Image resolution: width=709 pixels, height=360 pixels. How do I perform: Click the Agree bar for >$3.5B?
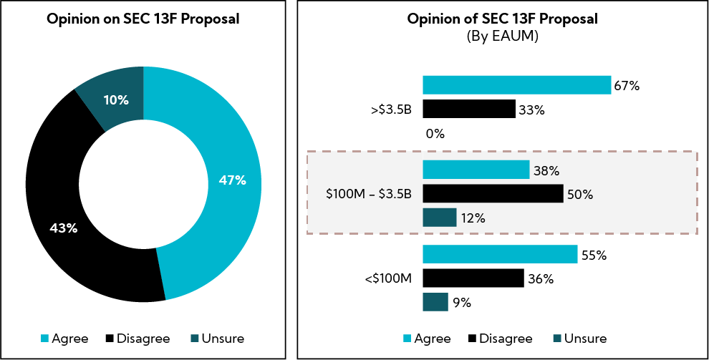tap(516, 85)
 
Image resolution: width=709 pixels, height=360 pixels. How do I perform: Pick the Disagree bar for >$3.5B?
tap(469, 109)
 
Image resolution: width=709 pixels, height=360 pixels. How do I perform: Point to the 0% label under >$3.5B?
tap(435, 133)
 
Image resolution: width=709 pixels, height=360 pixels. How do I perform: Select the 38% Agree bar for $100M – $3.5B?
tap(476, 170)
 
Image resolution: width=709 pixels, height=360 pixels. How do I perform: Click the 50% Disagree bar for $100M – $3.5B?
tap(493, 194)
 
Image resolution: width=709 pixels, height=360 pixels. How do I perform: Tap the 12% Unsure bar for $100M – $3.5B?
tap(440, 218)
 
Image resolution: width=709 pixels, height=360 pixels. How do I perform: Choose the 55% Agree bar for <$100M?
tap(500, 254)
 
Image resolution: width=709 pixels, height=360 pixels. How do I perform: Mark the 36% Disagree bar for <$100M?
tap(473, 278)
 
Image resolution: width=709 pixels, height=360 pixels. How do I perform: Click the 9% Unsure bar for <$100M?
tap(435, 302)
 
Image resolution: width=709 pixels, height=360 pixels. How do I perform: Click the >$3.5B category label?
tap(392, 110)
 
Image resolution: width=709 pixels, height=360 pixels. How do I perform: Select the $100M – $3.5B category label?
tap(369, 194)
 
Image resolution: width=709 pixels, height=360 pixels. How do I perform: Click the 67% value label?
tap(627, 86)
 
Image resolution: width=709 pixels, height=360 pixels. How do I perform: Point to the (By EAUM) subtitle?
tap(502, 35)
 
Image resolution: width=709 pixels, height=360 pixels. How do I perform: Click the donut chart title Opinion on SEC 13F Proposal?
tap(143, 19)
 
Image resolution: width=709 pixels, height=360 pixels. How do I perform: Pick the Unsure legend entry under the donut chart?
tap(218, 339)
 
